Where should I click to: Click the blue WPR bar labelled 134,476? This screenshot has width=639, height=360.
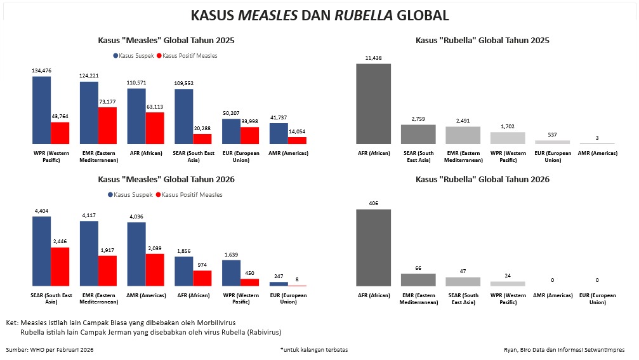(x=42, y=110)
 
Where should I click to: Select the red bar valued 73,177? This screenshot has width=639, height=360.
(x=107, y=126)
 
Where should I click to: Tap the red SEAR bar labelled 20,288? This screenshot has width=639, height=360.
(x=202, y=139)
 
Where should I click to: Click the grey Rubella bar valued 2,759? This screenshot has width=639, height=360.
(x=418, y=134)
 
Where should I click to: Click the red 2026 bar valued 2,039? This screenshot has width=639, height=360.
(x=155, y=270)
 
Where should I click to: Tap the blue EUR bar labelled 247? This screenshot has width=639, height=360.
(x=279, y=284)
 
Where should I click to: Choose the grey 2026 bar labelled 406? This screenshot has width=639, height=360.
(x=373, y=248)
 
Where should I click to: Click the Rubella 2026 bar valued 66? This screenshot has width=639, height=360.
(x=418, y=279)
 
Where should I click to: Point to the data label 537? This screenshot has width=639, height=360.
(x=553, y=135)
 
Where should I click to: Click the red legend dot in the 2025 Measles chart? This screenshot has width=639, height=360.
(x=159, y=56)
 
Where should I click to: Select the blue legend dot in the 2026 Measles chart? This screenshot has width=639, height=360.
(x=110, y=195)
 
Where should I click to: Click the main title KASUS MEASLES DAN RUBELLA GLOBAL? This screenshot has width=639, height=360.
(x=320, y=15)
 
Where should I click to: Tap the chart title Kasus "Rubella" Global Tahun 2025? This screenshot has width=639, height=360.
(x=482, y=40)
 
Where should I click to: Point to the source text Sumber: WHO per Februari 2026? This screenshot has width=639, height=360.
(x=49, y=350)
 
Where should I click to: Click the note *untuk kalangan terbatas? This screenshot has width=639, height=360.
(x=313, y=350)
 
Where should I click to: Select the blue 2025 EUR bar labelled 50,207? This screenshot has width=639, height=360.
(x=231, y=131)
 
